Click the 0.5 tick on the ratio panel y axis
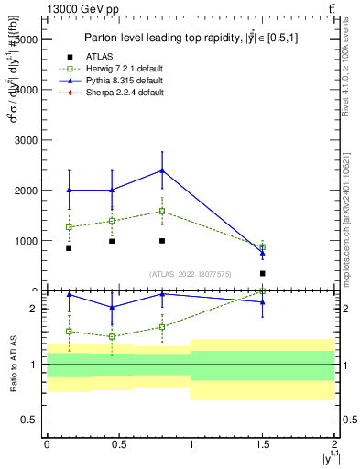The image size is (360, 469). pyautogui.click(x=30, y=420)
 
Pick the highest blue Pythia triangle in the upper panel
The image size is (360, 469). pyautogui.click(x=162, y=170)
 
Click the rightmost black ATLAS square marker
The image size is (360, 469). pyautogui.click(x=263, y=273)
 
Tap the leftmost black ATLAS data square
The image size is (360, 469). pyautogui.click(x=69, y=248)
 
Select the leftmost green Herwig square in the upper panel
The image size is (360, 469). pyautogui.click(x=69, y=227)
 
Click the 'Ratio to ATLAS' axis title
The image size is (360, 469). pyautogui.click(x=11, y=365)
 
